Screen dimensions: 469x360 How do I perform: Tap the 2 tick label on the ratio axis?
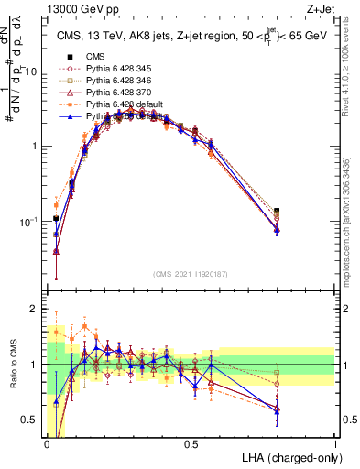pyautogui.click(x=36, y=309)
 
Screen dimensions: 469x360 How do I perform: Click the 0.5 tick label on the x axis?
pyautogui.click(x=191, y=443)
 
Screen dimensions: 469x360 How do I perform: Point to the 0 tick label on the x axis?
pyautogui.click(x=47, y=443)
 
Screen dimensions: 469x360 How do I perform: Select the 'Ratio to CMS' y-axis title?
pyautogui.click(x=12, y=365)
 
